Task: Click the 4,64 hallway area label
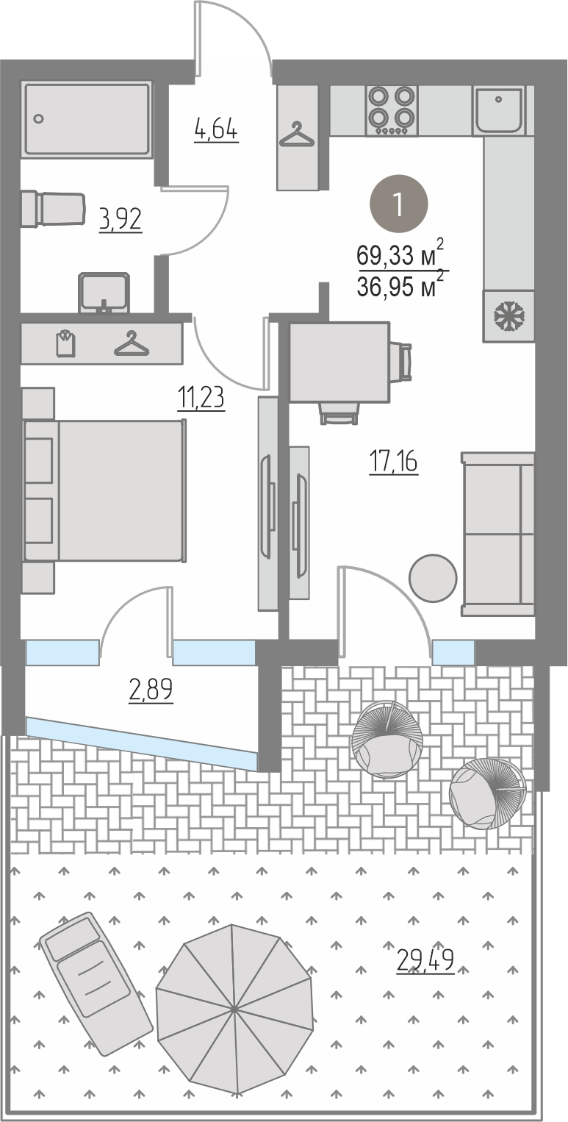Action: click(216, 130)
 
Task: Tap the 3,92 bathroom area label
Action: click(121, 219)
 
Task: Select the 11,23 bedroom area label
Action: click(201, 399)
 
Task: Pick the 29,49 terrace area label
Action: click(425, 958)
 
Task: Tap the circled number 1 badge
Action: click(399, 204)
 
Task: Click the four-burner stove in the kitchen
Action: click(392, 111)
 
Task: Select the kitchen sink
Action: click(499, 110)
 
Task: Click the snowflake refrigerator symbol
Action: click(508, 316)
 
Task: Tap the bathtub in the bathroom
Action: click(87, 120)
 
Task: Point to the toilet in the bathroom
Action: click(53, 210)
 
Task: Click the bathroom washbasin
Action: click(104, 293)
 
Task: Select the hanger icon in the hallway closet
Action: click(297, 135)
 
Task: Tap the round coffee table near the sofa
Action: click(433, 577)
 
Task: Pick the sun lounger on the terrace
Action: click(96, 986)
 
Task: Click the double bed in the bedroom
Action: click(104, 490)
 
